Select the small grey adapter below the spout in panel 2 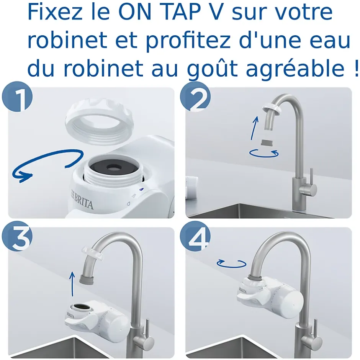(264, 143)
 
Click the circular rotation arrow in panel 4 (231, 263)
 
